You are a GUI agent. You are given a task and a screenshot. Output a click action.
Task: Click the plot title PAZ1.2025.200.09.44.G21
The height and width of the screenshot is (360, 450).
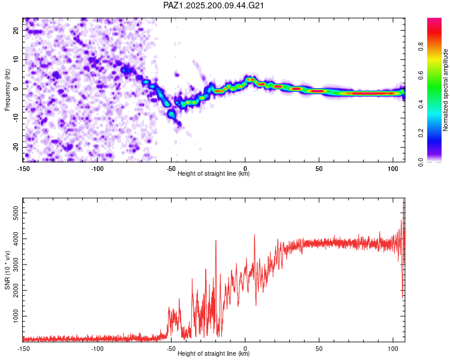pos(213,5)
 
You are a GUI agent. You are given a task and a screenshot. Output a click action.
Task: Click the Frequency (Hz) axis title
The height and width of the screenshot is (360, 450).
pos(7,90)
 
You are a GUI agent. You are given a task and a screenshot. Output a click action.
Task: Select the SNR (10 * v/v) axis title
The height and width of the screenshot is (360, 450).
pos(7,270)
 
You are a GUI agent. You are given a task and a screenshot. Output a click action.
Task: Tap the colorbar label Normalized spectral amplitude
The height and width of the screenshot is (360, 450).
pos(445,90)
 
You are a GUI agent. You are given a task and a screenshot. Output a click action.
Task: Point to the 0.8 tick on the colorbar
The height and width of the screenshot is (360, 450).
pos(421,46)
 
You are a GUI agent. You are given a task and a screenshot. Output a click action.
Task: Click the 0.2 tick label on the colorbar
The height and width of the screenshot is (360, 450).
pos(421,133)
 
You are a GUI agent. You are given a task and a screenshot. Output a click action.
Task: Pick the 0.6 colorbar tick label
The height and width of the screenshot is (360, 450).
pos(421,75)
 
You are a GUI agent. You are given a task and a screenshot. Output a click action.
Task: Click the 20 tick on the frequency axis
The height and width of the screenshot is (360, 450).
pos(16,30)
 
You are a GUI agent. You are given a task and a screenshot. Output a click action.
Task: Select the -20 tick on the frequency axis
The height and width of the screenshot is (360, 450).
pos(16,147)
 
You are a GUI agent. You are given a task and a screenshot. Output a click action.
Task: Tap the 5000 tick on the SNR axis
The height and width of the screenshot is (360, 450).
pos(16,213)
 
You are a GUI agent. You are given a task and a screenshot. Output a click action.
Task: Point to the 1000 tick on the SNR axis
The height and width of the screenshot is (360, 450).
pos(16,316)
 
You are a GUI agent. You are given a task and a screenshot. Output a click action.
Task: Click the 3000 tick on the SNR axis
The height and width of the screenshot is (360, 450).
pos(16,265)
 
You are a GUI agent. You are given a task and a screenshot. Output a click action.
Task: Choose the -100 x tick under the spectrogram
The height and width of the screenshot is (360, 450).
pos(97,169)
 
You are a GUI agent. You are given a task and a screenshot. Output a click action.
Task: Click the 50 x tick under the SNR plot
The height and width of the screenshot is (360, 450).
pos(319,349)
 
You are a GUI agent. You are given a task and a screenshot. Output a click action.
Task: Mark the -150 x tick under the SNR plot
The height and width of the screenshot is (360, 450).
pos(23,349)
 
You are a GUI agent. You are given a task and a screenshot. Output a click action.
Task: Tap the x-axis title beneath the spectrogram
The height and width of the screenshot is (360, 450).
pos(214,173)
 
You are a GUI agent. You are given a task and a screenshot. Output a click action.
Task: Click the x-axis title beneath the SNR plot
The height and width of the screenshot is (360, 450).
pos(214,353)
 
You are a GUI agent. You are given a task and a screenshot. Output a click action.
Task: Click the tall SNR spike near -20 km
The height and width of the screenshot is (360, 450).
pos(216,241)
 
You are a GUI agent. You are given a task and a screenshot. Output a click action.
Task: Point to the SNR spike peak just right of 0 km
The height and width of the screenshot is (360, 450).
pos(254,235)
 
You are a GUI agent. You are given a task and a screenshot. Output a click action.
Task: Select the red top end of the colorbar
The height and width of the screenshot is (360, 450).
pos(434,19)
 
